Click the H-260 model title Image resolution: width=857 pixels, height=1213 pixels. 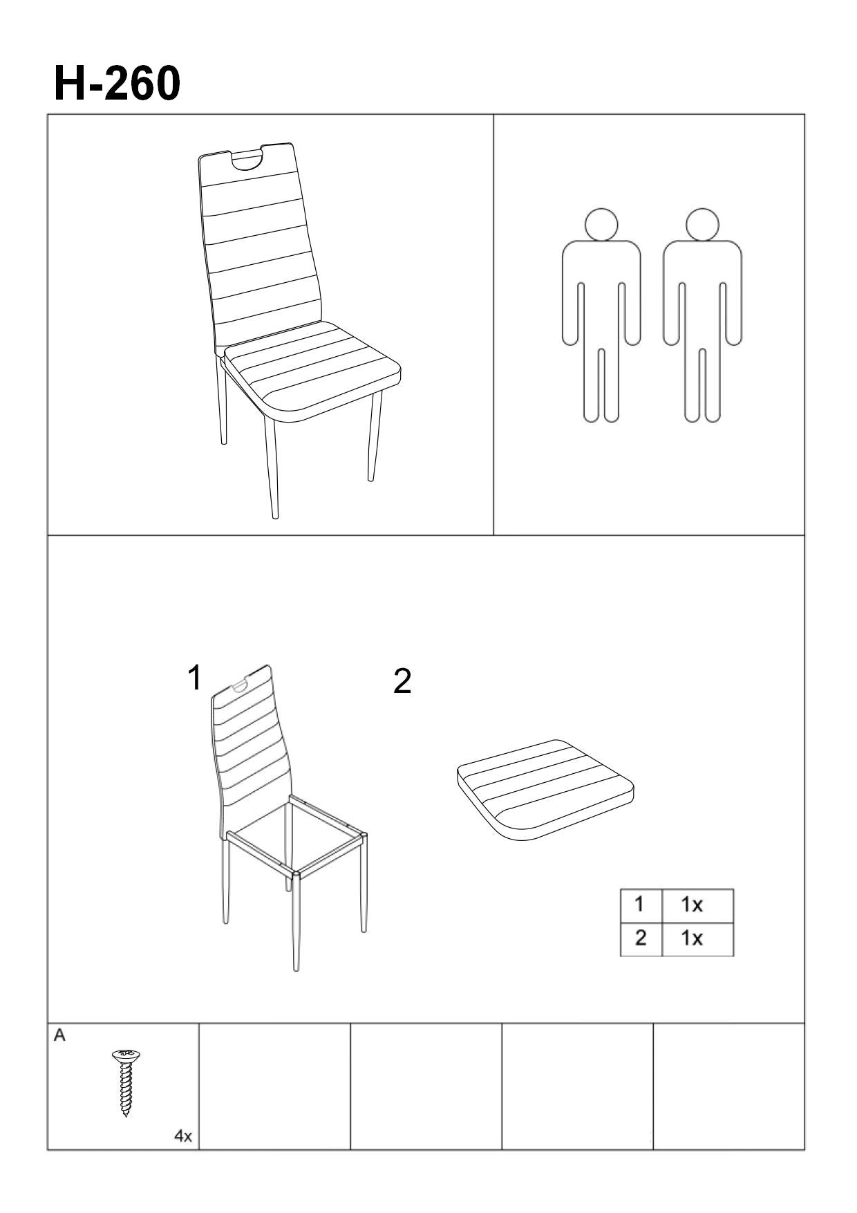click(117, 84)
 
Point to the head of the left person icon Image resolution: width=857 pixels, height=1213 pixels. click(601, 224)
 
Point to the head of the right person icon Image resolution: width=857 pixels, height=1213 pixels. click(702, 224)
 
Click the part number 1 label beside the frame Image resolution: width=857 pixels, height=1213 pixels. click(196, 678)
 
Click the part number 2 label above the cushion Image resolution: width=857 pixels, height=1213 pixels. click(402, 682)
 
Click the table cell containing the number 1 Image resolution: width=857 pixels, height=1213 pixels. click(641, 905)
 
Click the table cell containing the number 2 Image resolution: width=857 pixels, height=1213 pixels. click(641, 939)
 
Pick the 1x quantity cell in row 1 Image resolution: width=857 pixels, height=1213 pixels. click(697, 905)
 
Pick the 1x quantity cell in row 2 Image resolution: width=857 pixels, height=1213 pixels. click(697, 939)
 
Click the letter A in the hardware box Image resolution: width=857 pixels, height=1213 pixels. click(59, 1035)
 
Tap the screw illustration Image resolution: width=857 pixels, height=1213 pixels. click(126, 1082)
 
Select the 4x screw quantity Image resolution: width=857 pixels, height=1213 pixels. click(183, 1136)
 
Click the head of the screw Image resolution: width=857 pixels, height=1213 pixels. click(126, 1056)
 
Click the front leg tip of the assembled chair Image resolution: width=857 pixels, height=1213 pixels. click(275, 515)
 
